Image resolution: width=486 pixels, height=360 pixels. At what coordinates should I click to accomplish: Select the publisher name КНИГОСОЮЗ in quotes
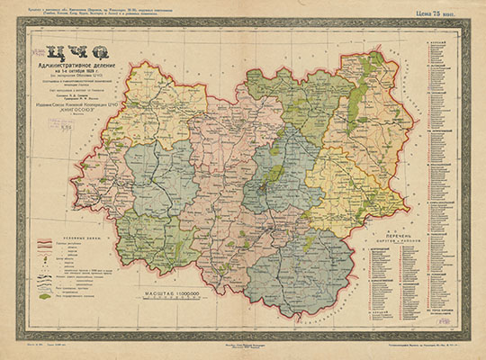pyautogui.click(x=77, y=105)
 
